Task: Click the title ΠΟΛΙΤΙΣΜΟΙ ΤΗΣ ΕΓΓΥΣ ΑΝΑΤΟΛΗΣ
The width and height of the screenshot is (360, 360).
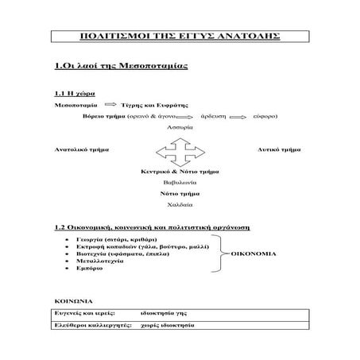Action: pyautogui.click(x=180, y=37)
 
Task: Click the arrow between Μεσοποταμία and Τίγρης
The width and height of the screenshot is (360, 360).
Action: pyautogui.click(x=110, y=105)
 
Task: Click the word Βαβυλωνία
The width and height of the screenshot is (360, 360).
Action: pyautogui.click(x=180, y=182)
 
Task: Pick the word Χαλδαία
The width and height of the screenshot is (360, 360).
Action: pyautogui.click(x=180, y=205)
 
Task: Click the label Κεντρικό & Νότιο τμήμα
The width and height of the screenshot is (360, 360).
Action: pyautogui.click(x=180, y=171)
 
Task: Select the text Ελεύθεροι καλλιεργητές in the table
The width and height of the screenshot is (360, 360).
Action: pyautogui.click(x=88, y=327)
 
